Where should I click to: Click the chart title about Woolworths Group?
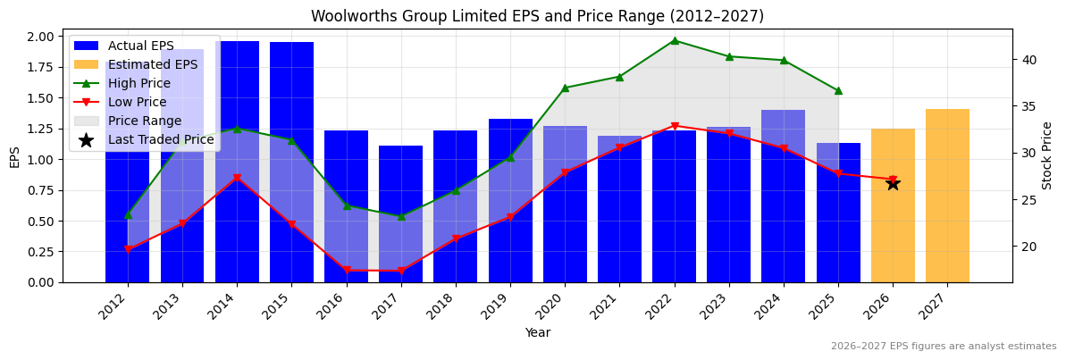coord(537,16)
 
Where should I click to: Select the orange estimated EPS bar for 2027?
coord(947,197)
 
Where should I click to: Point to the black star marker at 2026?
coord(893,183)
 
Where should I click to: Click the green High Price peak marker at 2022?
coord(675,40)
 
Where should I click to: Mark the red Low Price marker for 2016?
coord(346,270)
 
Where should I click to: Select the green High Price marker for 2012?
coord(128,214)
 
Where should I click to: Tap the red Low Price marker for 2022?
coord(675,126)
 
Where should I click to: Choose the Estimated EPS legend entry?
coord(152,64)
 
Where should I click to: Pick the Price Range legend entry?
coord(144,121)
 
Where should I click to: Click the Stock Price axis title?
coord(1047,155)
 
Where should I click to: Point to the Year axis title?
coord(537,333)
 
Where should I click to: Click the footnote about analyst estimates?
coord(943,347)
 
